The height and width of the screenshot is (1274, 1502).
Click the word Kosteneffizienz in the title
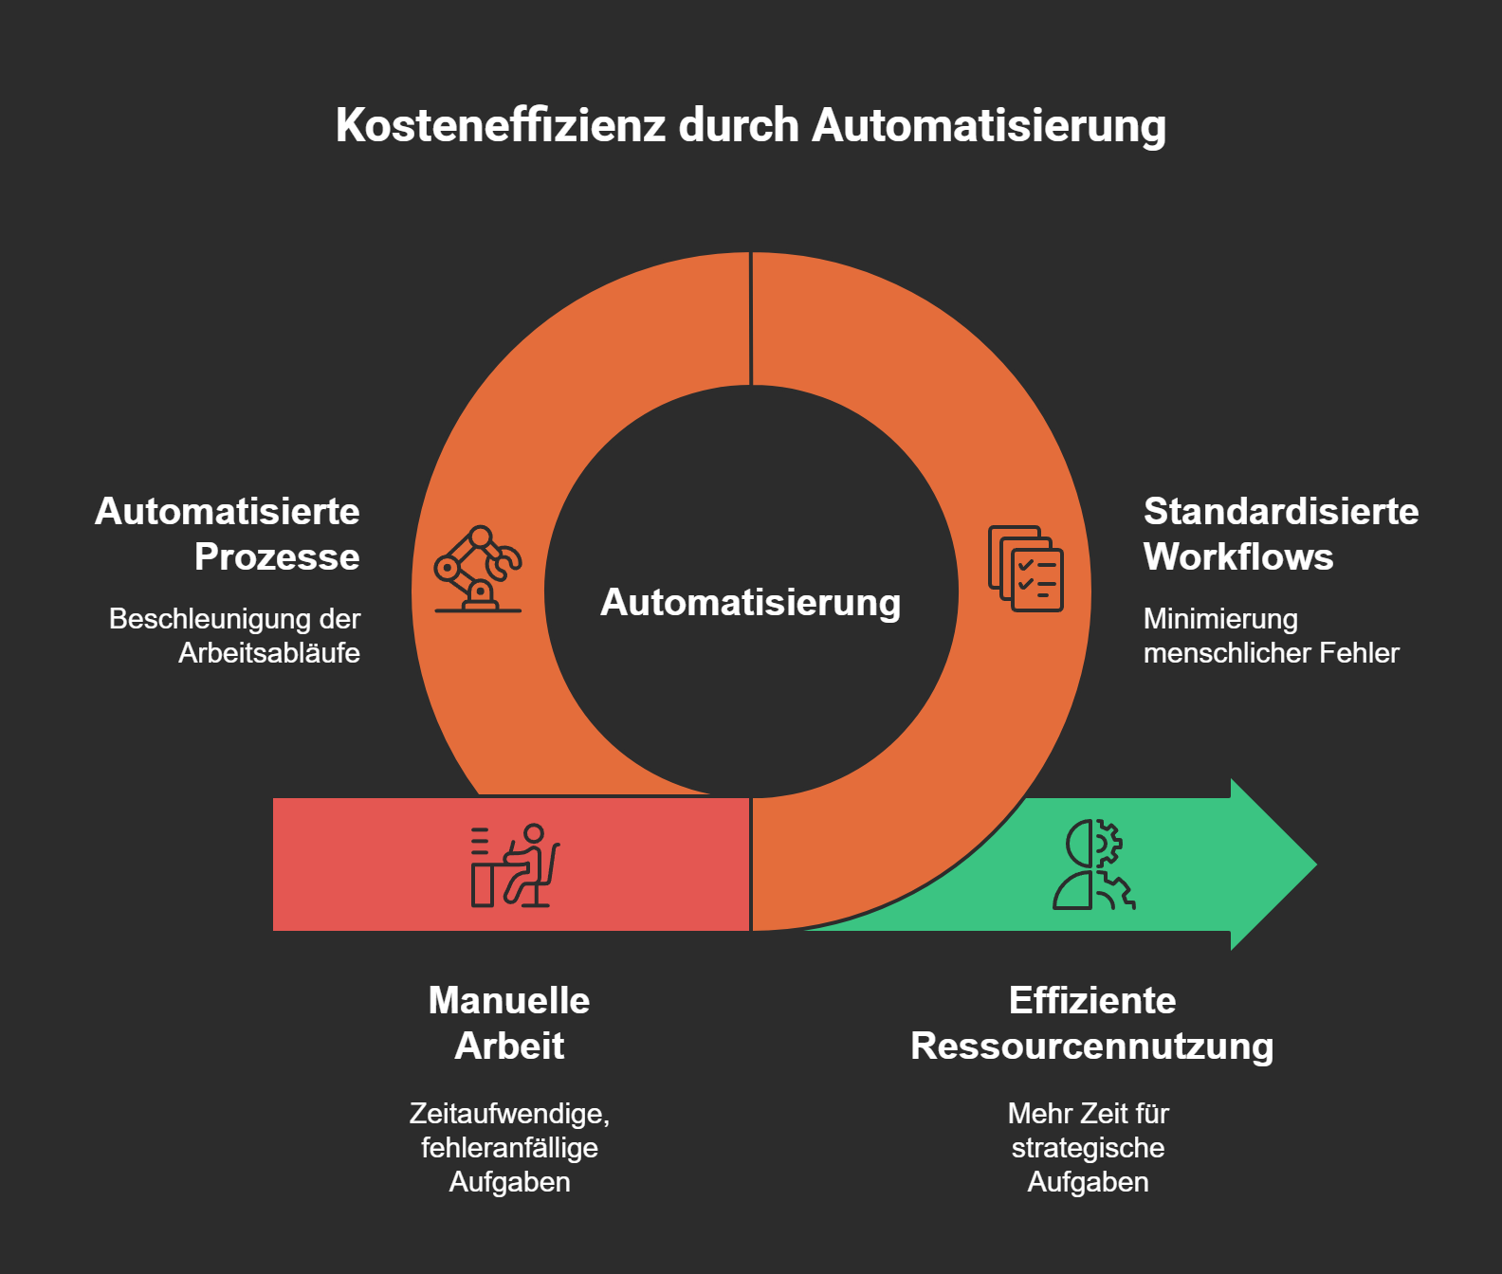(501, 126)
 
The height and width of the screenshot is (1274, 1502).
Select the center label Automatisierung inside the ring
(750, 603)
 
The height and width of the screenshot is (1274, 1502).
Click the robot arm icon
(478, 569)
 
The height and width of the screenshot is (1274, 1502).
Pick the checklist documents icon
(1025, 569)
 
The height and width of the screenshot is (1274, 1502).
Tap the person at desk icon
(515, 865)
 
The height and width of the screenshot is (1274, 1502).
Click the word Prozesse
(277, 557)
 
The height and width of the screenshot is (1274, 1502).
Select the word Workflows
(1238, 557)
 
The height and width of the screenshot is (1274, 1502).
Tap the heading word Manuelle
(509, 1001)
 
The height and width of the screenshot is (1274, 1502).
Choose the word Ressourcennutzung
(1091, 1046)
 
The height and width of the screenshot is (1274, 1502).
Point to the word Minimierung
(1220, 619)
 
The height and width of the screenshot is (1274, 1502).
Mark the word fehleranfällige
(509, 1148)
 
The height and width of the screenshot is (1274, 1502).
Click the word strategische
(1088, 1148)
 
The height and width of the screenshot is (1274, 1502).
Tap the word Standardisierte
(1281, 512)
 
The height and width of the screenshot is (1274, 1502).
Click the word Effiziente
(1092, 1001)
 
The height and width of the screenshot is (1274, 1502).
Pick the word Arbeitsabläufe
(269, 653)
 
